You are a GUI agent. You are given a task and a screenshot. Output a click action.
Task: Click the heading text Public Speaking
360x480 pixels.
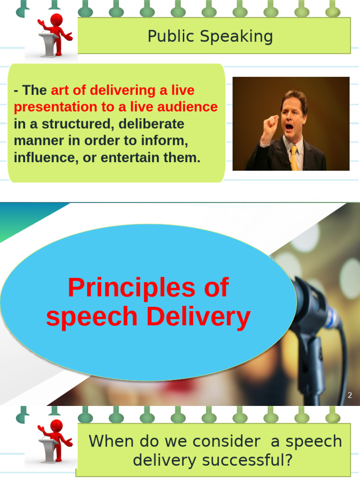pos(210,36)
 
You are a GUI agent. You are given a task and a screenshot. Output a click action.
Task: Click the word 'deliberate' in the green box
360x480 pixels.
pos(151,124)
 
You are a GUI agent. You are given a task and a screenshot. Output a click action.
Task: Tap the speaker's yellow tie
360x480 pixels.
pos(294,157)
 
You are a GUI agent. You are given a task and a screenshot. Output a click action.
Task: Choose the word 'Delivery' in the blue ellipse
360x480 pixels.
pos(198,317)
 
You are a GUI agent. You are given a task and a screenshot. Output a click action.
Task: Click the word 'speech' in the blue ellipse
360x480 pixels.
pos(92,317)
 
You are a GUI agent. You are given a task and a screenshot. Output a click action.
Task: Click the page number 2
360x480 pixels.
pos(349,396)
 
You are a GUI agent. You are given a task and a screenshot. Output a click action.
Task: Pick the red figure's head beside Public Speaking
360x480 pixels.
pos(57,20)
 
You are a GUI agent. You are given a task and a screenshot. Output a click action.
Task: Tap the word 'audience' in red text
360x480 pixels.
pos(189,107)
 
